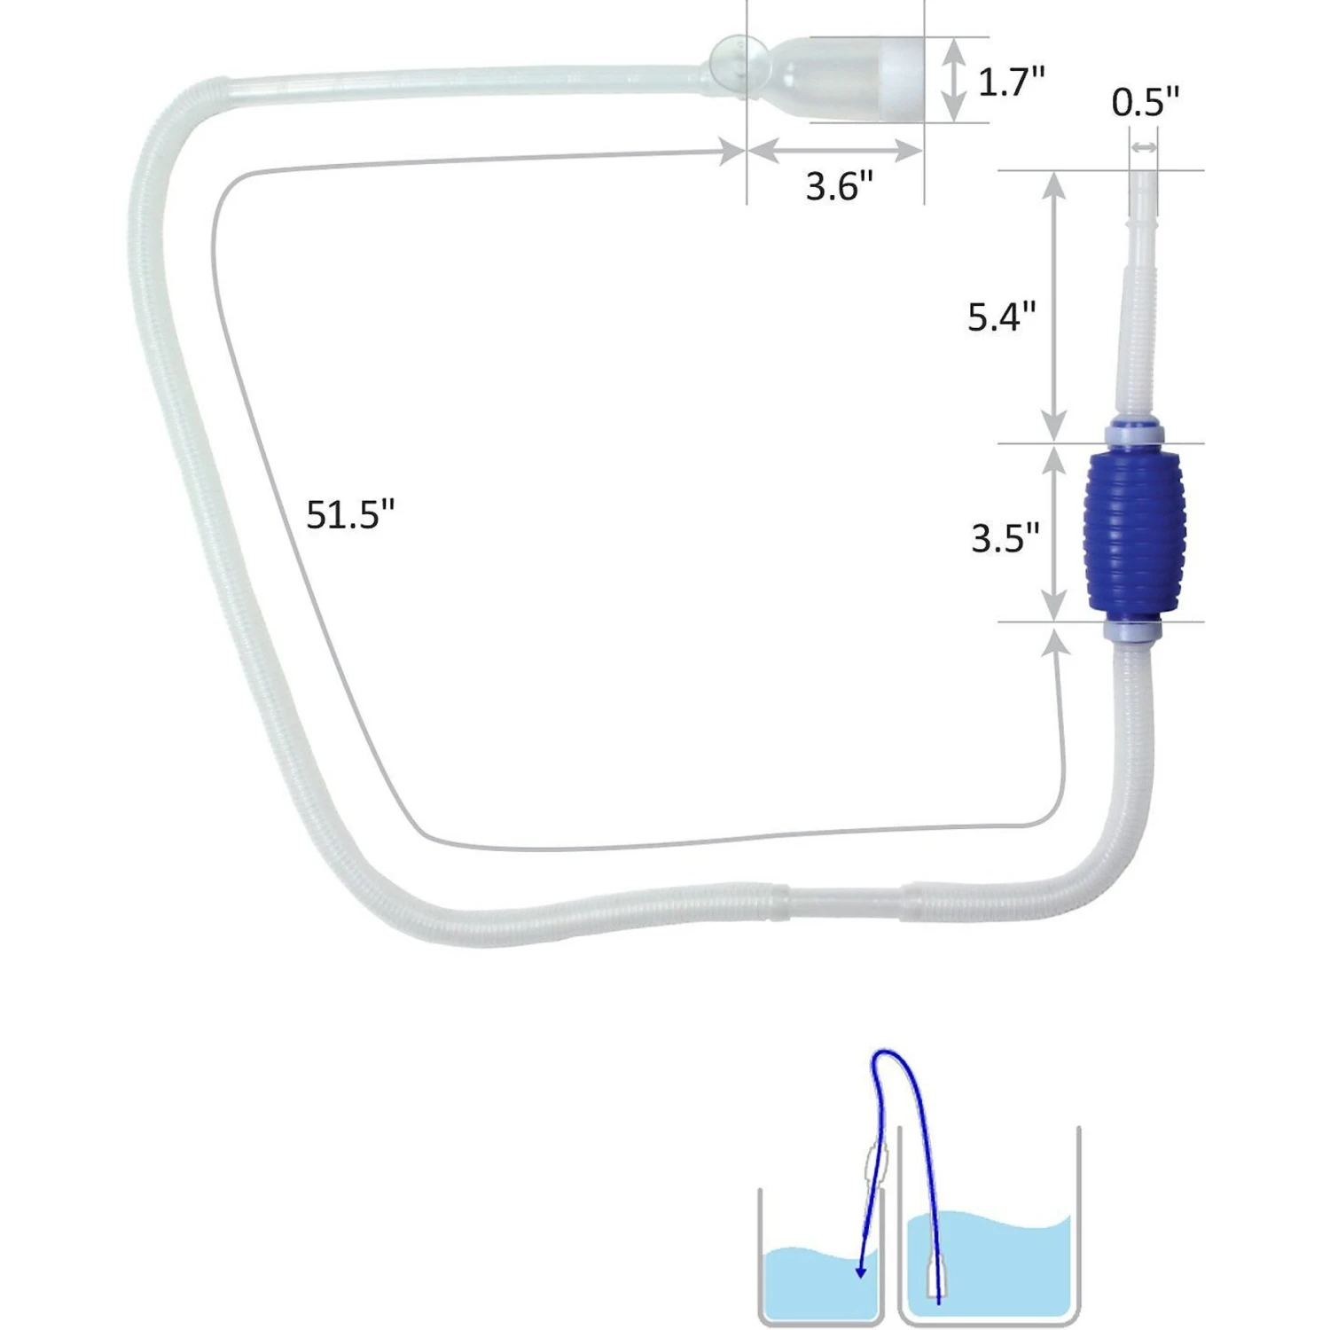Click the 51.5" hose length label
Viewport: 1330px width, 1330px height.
(x=349, y=514)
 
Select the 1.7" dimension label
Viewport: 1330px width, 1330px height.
(x=1011, y=82)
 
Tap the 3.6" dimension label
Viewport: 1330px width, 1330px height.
(x=839, y=186)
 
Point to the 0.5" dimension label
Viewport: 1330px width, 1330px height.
(x=1145, y=103)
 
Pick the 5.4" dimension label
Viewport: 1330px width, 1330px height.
(x=1001, y=317)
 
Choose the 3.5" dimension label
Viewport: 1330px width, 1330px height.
(x=1005, y=538)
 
